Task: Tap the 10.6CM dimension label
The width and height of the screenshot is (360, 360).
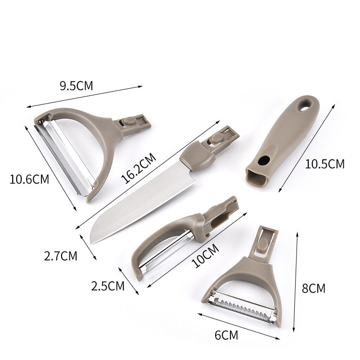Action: coord(29,179)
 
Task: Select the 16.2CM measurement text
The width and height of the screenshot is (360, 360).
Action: coord(138,167)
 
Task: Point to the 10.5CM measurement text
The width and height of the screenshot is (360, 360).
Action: coord(324,164)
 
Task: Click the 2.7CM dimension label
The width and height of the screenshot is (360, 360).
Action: coord(60,256)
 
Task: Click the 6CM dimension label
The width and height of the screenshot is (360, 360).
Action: coord(226,335)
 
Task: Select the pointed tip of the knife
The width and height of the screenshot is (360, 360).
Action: coord(92,241)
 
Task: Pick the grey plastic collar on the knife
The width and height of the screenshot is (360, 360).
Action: coord(198,158)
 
